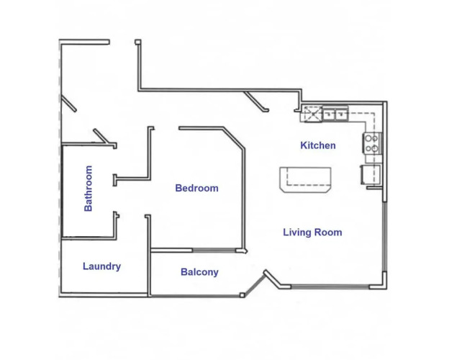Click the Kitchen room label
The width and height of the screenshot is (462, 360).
tap(318, 145)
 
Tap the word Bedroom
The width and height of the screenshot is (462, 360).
tap(197, 188)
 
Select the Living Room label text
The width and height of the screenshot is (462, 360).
tap(312, 233)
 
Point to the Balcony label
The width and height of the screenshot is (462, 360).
tap(199, 272)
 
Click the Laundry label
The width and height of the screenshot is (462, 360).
tap(101, 266)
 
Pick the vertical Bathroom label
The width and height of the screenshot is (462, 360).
tap(88, 189)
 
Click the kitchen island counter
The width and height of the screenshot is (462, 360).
tap(305, 179)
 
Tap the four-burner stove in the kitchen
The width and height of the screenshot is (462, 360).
tap(371, 143)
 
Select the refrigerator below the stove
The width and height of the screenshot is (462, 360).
tap(370, 174)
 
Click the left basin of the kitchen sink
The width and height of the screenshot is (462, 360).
tap(329, 114)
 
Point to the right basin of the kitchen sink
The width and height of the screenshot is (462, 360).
tap(341, 114)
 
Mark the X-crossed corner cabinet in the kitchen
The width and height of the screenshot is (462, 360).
tap(312, 114)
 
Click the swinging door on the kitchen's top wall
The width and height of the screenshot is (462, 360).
tap(255, 102)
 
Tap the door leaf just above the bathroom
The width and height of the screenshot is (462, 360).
tap(101, 136)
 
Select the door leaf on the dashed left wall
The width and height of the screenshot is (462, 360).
tap(68, 103)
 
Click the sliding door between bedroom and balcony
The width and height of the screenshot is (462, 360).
tap(214, 251)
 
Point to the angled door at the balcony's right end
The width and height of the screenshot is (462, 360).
tap(254, 285)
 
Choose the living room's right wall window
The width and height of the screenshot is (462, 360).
tap(384, 236)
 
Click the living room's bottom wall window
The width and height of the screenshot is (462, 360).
tap(330, 287)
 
